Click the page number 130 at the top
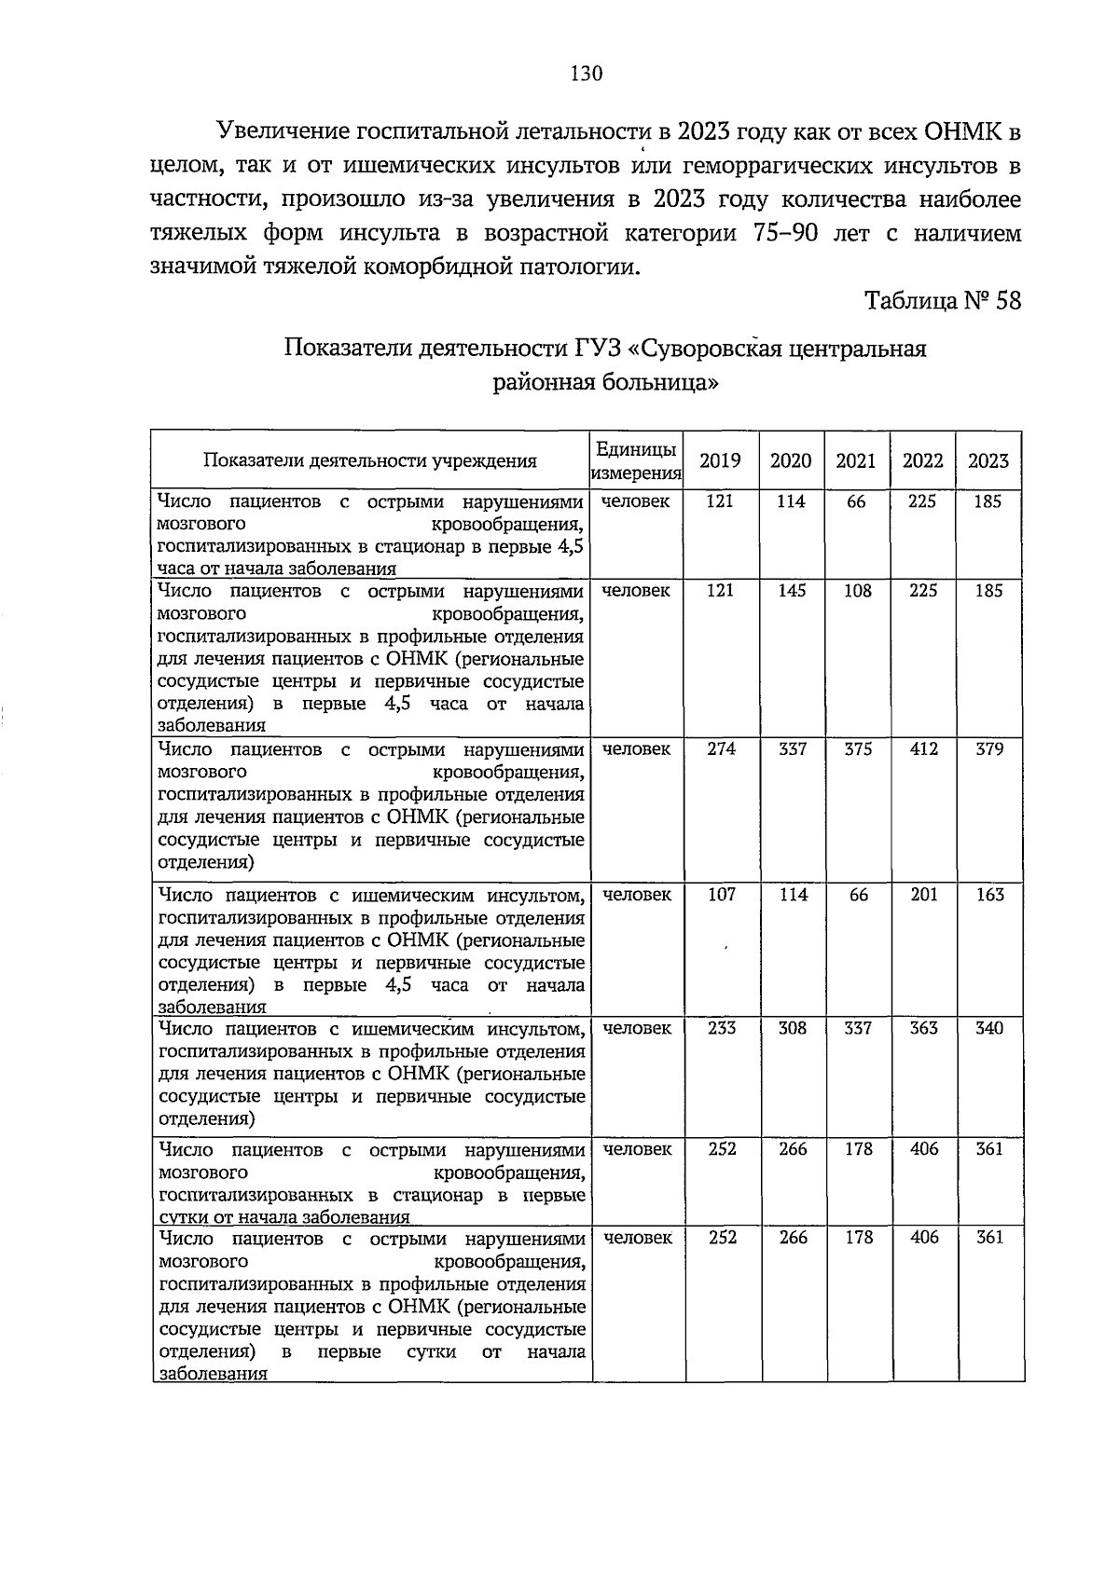(587, 74)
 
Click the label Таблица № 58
(943, 301)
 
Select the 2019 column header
(720, 460)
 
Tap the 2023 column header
(988, 460)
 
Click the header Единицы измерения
(636, 460)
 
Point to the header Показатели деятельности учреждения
(370, 460)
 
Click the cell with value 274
(721, 748)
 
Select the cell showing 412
(923, 748)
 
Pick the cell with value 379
(989, 748)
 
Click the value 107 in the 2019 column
(721, 894)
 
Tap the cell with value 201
(923, 894)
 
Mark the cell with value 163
(989, 894)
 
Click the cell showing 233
(721, 1027)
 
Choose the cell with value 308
(793, 1027)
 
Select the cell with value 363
(923, 1027)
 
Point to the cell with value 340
(989, 1027)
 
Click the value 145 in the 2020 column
(793, 590)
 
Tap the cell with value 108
(858, 590)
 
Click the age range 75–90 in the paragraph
(784, 233)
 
